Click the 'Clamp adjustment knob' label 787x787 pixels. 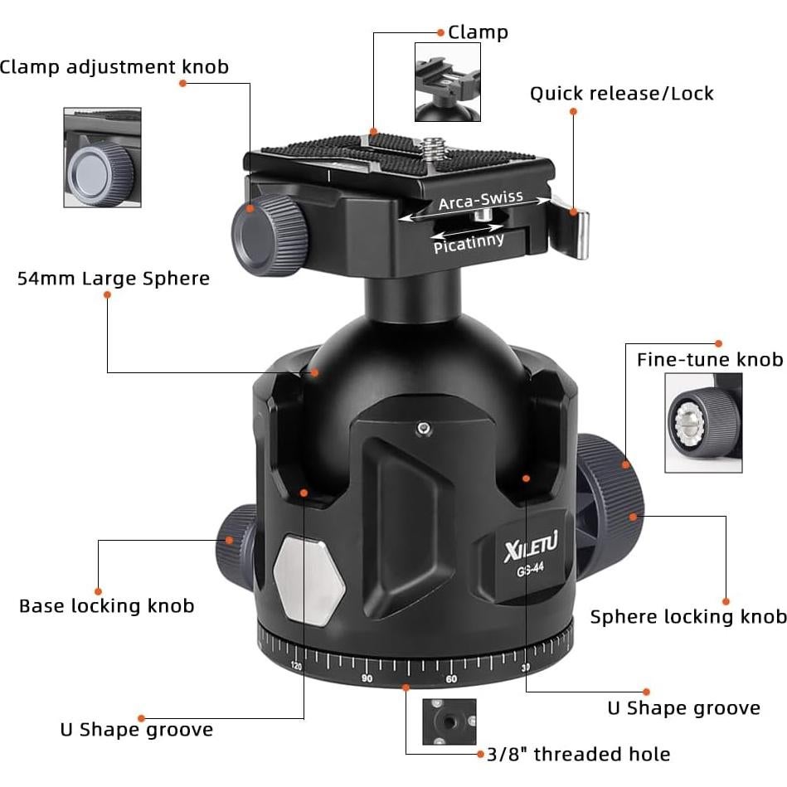click(x=114, y=67)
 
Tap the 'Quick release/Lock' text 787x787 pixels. click(x=621, y=94)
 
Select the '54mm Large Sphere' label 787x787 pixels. click(x=114, y=279)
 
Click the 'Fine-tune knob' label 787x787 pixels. click(x=709, y=360)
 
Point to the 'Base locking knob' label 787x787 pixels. click(x=106, y=606)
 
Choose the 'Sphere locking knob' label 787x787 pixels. click(x=687, y=617)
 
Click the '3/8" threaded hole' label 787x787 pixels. click(x=578, y=755)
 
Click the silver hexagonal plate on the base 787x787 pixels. click(x=308, y=579)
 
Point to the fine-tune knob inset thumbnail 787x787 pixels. click(x=703, y=421)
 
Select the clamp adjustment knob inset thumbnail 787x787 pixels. click(x=102, y=158)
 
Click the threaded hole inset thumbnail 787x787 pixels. click(x=449, y=722)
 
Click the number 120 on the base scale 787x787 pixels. click(x=296, y=666)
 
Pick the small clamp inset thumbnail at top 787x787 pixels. click(x=447, y=82)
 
